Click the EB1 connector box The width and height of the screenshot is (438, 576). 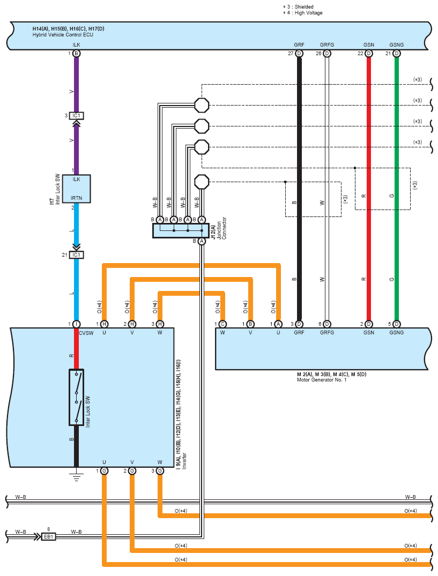click(48, 536)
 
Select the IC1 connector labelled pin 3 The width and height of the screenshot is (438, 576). click(76, 116)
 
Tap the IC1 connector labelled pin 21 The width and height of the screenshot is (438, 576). click(76, 255)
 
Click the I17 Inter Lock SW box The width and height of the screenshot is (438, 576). click(76, 189)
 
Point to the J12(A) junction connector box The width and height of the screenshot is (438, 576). click(181, 231)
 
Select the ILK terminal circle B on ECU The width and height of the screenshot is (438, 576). click(76, 54)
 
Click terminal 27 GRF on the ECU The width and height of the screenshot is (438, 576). click(299, 54)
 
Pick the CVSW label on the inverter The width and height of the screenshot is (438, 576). click(86, 333)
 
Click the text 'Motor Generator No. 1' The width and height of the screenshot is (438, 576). click(322, 380)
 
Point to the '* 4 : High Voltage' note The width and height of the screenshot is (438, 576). click(303, 12)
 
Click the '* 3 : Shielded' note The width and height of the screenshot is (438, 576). click(299, 6)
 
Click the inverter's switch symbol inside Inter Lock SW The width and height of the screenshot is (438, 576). click(76, 397)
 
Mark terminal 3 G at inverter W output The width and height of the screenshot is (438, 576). click(160, 470)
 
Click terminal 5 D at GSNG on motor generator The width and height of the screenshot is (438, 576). click(397, 324)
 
